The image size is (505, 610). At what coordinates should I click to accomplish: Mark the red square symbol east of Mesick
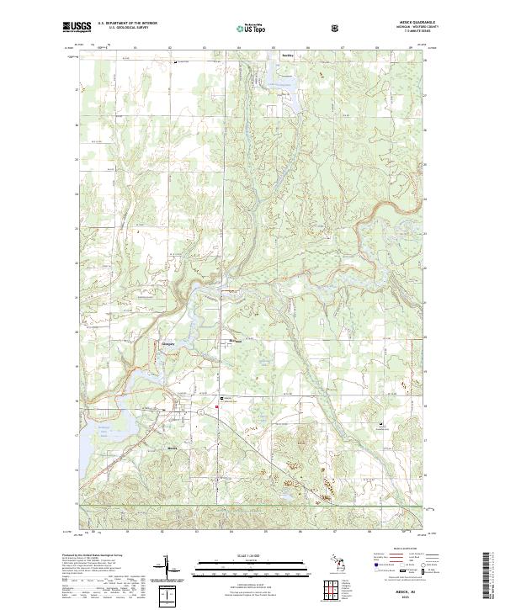pos(218,408)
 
